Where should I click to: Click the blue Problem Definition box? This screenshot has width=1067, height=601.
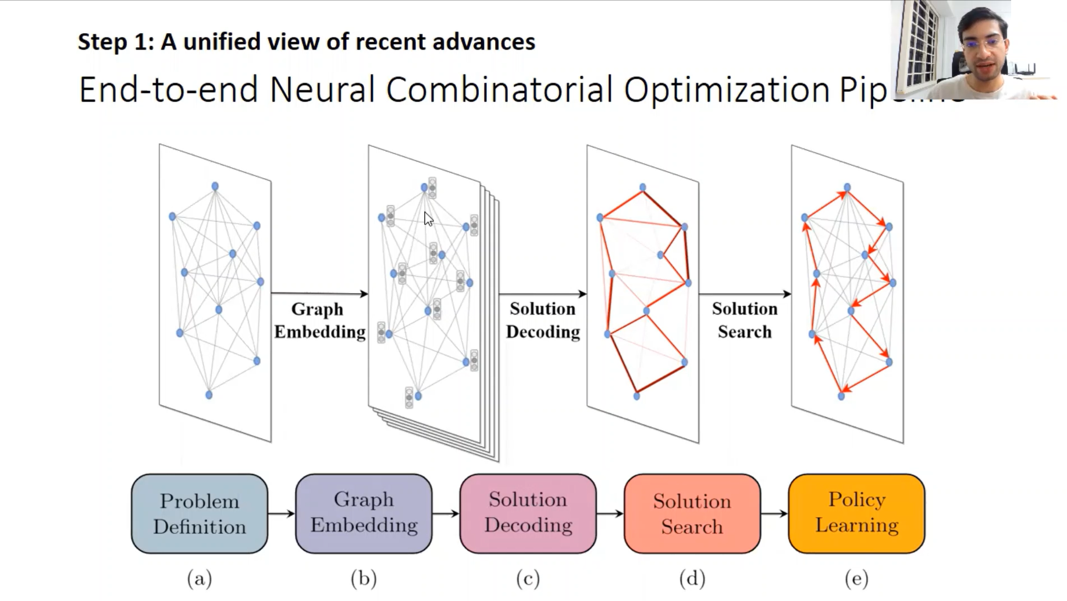coord(199,514)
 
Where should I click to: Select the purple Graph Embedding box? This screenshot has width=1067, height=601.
coord(364,512)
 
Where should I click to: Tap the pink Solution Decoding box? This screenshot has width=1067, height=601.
coord(528,512)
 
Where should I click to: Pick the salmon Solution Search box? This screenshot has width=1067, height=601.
coord(692,514)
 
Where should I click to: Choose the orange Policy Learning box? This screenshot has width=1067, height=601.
coord(856,512)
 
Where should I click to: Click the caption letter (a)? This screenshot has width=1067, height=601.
coord(199,579)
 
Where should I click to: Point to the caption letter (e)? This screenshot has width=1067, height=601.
coord(856,579)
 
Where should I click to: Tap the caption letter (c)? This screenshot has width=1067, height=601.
coord(528,579)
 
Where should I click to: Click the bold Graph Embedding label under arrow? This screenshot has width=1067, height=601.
coord(319,320)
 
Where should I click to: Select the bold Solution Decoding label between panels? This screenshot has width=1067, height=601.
coord(542,320)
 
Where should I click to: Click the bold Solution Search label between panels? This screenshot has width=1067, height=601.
coord(744,320)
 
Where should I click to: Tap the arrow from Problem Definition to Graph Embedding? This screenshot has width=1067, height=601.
coord(282,514)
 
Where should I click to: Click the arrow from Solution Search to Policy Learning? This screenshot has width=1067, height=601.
coord(774,514)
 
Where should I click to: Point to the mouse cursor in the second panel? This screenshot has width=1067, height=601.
coord(428,219)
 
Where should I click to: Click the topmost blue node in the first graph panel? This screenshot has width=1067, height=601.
coord(215,186)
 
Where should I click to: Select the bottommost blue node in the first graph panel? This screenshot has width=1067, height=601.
coord(209,395)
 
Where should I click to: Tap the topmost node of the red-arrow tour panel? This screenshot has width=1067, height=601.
coord(847,188)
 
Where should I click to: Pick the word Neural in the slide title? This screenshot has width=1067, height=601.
coord(322,90)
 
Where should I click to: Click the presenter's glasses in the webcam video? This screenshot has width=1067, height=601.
coord(983,43)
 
